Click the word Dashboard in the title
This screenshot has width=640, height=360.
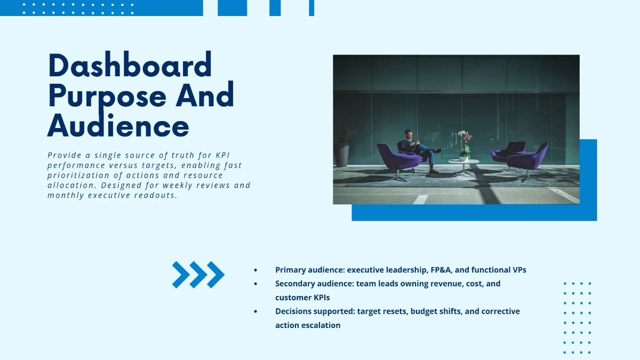[130, 66]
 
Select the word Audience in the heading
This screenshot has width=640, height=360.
[118, 126]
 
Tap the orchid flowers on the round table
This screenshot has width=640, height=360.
[465, 141]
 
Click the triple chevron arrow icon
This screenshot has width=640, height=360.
[198, 275]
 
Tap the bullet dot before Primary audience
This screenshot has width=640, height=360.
[255, 270]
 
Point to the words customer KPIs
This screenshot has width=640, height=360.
[302, 298]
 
